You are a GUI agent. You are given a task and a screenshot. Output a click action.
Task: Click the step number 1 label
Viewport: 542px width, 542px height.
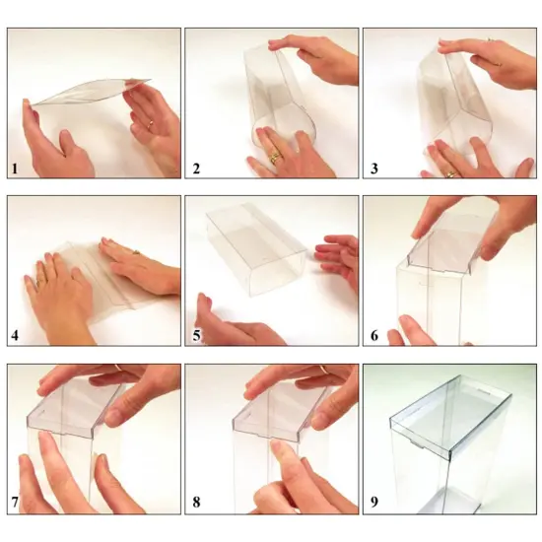[15, 169]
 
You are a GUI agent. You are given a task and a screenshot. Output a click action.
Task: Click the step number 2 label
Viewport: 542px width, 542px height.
[196, 169]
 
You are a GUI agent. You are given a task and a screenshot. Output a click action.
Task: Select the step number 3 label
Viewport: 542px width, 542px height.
[373, 169]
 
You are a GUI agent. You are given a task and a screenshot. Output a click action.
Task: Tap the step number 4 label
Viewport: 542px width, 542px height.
[15, 336]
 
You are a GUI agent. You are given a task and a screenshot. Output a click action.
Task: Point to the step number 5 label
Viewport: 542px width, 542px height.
[196, 336]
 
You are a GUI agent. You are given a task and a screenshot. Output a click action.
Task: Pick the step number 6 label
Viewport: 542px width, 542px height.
[373, 336]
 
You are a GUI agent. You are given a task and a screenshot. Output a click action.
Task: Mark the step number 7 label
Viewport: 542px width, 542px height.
[15, 504]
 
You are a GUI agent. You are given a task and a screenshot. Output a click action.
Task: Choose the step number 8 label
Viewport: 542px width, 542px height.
[196, 504]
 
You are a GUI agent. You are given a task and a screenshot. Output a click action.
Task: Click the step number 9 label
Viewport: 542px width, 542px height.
[373, 504]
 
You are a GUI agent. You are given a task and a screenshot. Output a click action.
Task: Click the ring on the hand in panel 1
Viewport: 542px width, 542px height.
[150, 125]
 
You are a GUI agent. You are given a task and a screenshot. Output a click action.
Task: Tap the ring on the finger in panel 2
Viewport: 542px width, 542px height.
[276, 156]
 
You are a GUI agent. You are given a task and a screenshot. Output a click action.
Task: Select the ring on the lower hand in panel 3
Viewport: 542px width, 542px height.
[450, 173]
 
